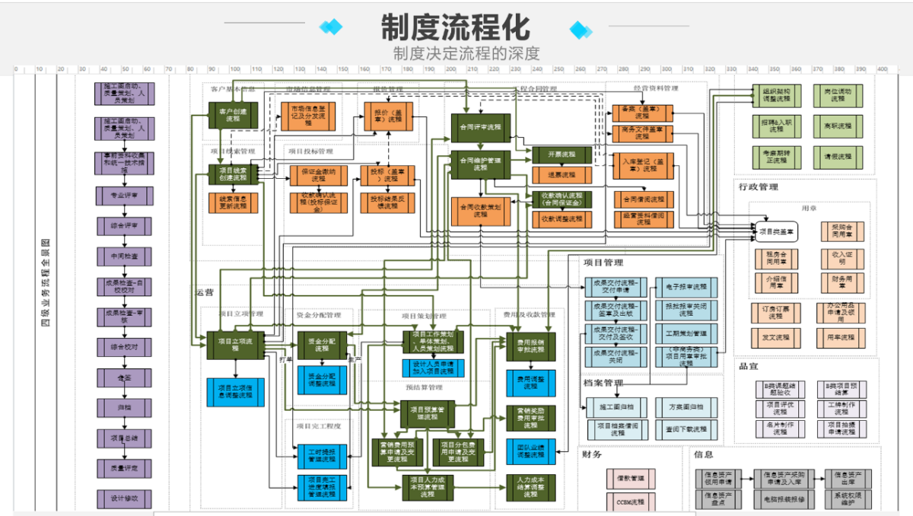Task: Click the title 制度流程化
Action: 455,27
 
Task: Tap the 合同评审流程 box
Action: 481,126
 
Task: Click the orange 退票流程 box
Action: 562,174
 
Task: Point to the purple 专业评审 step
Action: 125,195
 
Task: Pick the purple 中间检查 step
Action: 125,256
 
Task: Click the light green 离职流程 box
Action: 838,125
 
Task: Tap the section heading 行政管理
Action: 758,186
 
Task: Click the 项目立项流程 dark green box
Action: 234,345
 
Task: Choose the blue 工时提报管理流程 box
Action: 322,456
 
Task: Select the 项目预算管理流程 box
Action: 432,413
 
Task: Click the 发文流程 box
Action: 775,336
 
